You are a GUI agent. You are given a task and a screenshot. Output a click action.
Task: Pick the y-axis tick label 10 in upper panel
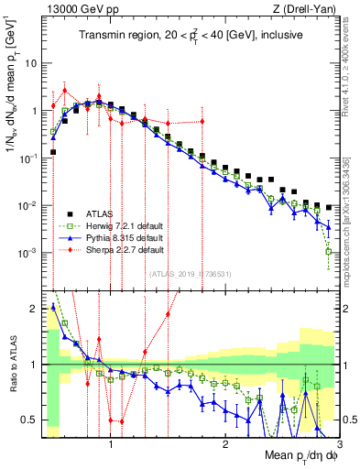tap(32, 64)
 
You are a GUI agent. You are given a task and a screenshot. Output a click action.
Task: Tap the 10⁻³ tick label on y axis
tap(29, 252)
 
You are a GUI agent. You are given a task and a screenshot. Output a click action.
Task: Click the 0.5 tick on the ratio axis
tap(29, 420)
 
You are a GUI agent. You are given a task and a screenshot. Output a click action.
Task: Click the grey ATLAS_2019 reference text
tap(191, 273)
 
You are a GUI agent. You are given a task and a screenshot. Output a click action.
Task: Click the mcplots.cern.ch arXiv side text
tap(349, 206)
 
